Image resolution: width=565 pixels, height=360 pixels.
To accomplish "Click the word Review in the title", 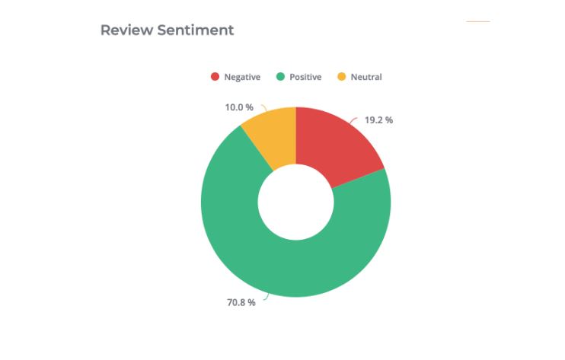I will click(x=124, y=30).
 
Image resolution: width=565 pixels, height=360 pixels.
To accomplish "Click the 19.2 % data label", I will click(x=378, y=120).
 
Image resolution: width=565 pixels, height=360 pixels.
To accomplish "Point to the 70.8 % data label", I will click(x=241, y=303).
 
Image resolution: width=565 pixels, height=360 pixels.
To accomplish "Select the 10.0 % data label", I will click(x=239, y=107).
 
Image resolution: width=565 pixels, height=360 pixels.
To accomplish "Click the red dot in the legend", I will click(x=215, y=77).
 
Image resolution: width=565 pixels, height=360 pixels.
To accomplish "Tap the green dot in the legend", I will click(x=280, y=77).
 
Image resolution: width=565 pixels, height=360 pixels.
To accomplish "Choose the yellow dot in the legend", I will click(x=341, y=77).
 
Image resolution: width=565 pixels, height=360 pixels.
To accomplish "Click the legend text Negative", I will click(x=242, y=77).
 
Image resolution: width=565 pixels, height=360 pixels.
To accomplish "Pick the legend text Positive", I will click(x=305, y=77).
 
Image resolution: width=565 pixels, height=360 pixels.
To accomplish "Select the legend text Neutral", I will click(x=366, y=77).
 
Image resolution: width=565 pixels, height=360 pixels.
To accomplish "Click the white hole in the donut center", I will click(x=295, y=202).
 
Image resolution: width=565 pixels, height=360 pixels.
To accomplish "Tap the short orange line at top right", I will click(x=478, y=21).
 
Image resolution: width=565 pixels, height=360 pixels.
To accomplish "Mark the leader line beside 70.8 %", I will click(x=263, y=298).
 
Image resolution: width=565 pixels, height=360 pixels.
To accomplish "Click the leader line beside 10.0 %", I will click(x=263, y=109).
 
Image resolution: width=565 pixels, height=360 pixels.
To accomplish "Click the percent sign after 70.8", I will click(x=252, y=303).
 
